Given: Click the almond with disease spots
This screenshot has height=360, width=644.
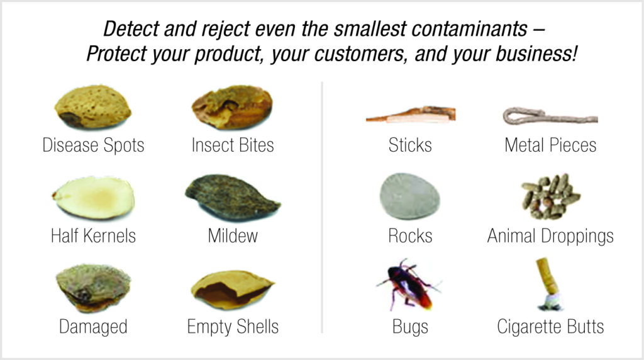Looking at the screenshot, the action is (93, 107).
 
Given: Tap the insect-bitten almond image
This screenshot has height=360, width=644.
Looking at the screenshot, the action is (232, 107).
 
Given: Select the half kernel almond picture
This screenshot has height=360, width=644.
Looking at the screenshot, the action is (94, 198).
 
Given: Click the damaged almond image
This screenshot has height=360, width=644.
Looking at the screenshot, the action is (93, 288).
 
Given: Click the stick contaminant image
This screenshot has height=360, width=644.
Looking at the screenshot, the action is (411, 115).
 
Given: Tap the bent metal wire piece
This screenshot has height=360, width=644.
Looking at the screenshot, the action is (550, 116).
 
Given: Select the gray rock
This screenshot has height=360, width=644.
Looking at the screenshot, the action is (409, 196).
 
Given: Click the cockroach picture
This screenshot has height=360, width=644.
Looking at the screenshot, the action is (409, 285).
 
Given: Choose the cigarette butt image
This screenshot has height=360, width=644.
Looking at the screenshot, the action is (550, 284).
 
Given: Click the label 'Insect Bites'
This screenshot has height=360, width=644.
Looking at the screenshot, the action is (233, 145).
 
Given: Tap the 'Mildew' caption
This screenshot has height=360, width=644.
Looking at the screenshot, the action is (233, 236).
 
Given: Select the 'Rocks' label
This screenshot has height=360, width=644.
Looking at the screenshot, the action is (410, 236).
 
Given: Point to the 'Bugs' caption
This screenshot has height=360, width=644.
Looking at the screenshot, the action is (410, 327).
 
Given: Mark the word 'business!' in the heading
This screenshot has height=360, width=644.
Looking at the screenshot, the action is (536, 54).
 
